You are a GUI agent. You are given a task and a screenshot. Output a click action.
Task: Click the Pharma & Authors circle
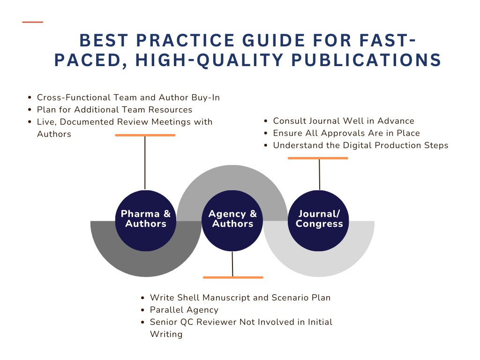pyautogui.click(x=146, y=221)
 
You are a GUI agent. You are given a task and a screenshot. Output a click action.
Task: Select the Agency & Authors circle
pyautogui.click(x=232, y=221)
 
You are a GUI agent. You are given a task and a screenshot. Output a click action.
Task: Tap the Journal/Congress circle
pyautogui.click(x=318, y=221)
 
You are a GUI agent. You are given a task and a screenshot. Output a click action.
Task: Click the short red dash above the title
pyautogui.click(x=32, y=22)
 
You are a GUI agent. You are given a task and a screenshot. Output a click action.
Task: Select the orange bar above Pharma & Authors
pyautogui.click(x=145, y=135)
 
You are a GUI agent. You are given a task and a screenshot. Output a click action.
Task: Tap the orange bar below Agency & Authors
pyautogui.click(x=233, y=277)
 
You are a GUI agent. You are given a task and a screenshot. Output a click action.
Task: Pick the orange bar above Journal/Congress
pyautogui.click(x=318, y=158)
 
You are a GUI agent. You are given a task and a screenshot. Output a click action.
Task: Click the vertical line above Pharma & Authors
pyautogui.click(x=145, y=163)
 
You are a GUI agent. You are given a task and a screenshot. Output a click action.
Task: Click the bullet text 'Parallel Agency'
pyautogui.click(x=184, y=310)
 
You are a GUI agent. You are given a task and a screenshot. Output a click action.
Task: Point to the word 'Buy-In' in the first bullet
pyautogui.click(x=205, y=97)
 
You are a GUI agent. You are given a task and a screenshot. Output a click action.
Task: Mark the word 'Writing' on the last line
pyautogui.click(x=166, y=334)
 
